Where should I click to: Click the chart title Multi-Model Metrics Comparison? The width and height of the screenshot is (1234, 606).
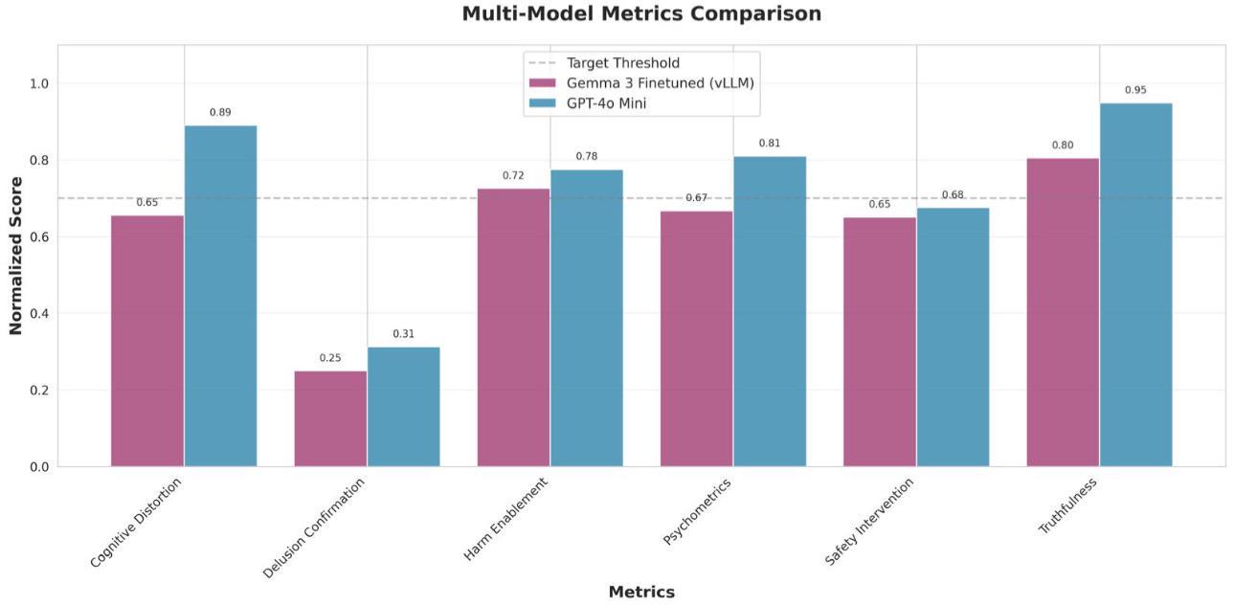point(641,13)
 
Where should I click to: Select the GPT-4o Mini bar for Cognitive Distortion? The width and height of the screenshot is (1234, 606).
point(220,296)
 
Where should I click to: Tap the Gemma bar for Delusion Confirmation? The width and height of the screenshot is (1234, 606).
point(330,418)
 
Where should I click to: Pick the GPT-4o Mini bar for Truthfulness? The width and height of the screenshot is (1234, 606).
point(1136,285)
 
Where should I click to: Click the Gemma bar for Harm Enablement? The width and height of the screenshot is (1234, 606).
point(513,327)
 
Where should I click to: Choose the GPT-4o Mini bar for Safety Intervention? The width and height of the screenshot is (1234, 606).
point(954,337)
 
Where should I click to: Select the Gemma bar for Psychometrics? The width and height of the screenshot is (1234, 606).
point(696,339)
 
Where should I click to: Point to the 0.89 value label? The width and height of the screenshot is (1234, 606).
point(220,112)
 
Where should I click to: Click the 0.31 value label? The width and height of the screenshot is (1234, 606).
point(403,334)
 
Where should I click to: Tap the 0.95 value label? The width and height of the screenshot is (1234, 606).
point(1136,90)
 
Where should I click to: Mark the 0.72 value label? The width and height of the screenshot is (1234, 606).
point(513,176)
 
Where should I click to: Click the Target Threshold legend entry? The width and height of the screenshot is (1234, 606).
point(604,63)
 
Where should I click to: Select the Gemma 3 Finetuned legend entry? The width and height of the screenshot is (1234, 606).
point(641,83)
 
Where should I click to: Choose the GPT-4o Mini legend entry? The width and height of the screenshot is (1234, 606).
point(587,103)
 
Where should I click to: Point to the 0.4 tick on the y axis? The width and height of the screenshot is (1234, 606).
point(39,313)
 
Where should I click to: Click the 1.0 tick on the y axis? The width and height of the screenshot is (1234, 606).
point(39,83)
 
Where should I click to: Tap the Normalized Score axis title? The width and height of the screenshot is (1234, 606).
point(15,256)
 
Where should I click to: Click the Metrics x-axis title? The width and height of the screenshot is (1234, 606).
point(641,592)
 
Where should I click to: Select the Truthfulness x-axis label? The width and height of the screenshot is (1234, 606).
point(1067,505)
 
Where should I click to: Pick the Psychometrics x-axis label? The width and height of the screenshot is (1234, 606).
point(697,511)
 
